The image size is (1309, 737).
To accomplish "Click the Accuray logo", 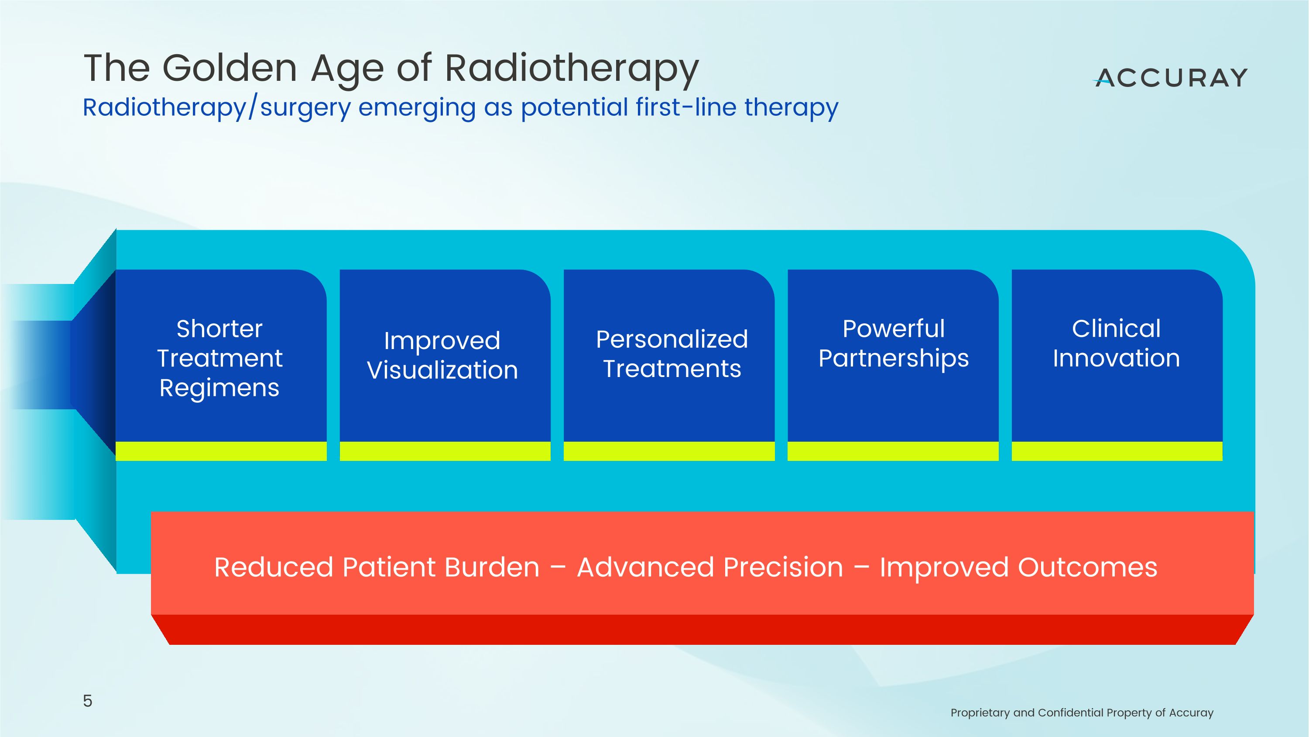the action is coord(1170,78).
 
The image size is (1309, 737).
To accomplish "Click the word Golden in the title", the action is coord(229,68).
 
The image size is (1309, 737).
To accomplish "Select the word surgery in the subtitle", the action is coord(305,108).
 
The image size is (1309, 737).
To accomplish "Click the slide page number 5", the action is coord(87,701).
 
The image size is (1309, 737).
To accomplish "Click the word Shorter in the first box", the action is coord(219,329).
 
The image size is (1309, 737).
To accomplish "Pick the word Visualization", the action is coord(442,370).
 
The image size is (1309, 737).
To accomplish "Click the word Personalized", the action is coord(672,339).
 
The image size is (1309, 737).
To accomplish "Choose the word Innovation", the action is coord(1117,358).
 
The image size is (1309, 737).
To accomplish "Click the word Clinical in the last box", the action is coord(1117,329).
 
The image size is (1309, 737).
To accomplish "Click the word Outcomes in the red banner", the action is coord(1088,567).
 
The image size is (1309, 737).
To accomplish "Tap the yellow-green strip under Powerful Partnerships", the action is coord(893,451).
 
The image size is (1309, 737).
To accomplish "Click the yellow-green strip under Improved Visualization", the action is coord(445,451).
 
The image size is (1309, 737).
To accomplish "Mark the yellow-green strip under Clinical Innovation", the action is coord(1117,451).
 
